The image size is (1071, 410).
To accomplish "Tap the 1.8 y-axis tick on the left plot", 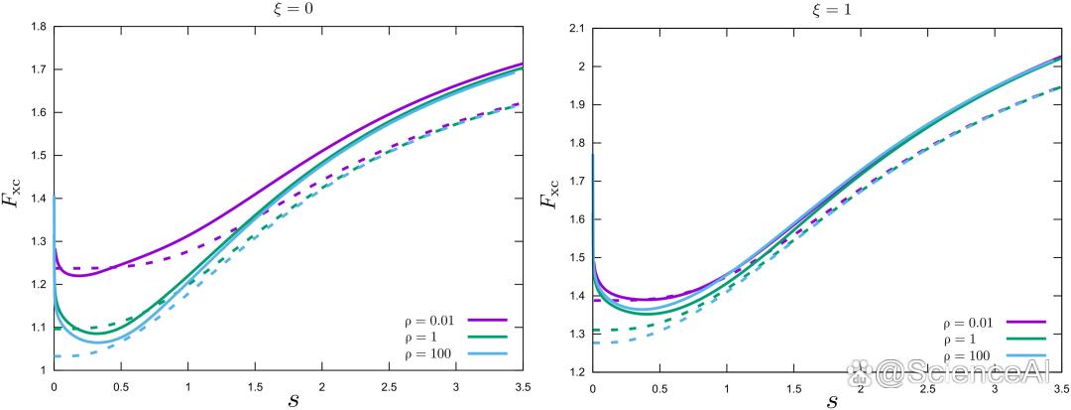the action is click(x=38, y=27).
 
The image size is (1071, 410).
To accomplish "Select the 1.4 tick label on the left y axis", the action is click(x=38, y=199).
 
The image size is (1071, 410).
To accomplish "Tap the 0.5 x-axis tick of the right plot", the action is click(x=659, y=385).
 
